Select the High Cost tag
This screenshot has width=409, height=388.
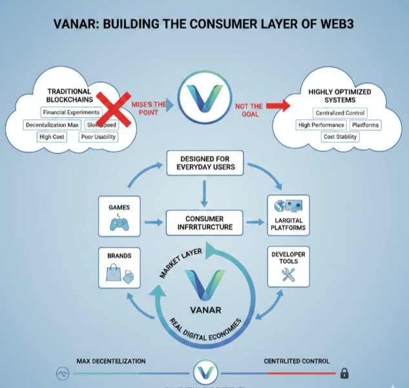coord(52,137)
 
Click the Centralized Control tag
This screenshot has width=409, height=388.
coord(340,113)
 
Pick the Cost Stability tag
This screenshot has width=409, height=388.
coord(340,137)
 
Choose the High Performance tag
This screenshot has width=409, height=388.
coord(321,125)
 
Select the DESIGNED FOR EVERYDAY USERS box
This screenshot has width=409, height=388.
coord(204,162)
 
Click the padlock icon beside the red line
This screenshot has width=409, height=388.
coord(344,373)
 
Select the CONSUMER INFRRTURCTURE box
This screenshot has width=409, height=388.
coord(204,222)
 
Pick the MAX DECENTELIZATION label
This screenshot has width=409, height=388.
coord(110,361)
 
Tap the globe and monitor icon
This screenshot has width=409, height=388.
coord(288,208)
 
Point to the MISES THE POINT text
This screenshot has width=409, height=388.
coord(149,109)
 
